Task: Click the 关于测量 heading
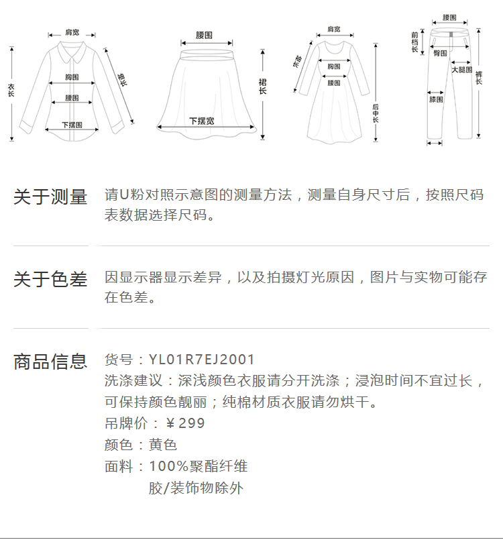pyautogui.click(x=50, y=197)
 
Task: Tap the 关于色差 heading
pyautogui.click(x=50, y=279)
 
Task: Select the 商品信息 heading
pyautogui.click(x=50, y=362)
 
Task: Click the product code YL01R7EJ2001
pyautogui.click(x=201, y=360)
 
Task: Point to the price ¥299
pyautogui.click(x=185, y=423)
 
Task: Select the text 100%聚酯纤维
pyautogui.click(x=198, y=466)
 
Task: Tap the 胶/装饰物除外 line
pyautogui.click(x=196, y=488)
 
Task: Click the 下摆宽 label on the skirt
pyautogui.click(x=202, y=121)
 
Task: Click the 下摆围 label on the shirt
pyautogui.click(x=72, y=125)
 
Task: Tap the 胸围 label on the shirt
pyautogui.click(x=72, y=77)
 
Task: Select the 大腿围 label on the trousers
pyautogui.click(x=462, y=70)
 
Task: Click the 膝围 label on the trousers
pyautogui.click(x=436, y=99)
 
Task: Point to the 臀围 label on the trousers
pyautogui.click(x=441, y=52)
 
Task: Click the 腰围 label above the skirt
pyautogui.click(x=204, y=34)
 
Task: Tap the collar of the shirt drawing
pyautogui.click(x=70, y=48)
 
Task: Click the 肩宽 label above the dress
pyautogui.click(x=333, y=29)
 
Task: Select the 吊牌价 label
pyautogui.click(x=122, y=423)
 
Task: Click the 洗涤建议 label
pyautogui.click(x=133, y=381)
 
